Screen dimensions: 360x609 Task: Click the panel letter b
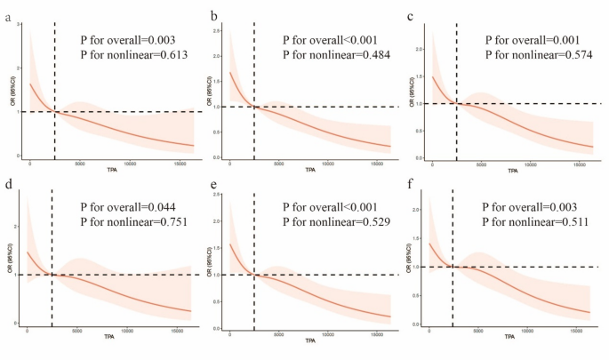(213, 16)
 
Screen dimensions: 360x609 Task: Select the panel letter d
(8, 188)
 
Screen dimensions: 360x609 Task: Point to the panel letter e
(213, 188)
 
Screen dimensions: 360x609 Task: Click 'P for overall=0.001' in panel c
(538, 40)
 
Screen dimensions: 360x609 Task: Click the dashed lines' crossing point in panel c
(456, 103)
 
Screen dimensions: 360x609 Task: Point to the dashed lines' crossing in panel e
(253, 275)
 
